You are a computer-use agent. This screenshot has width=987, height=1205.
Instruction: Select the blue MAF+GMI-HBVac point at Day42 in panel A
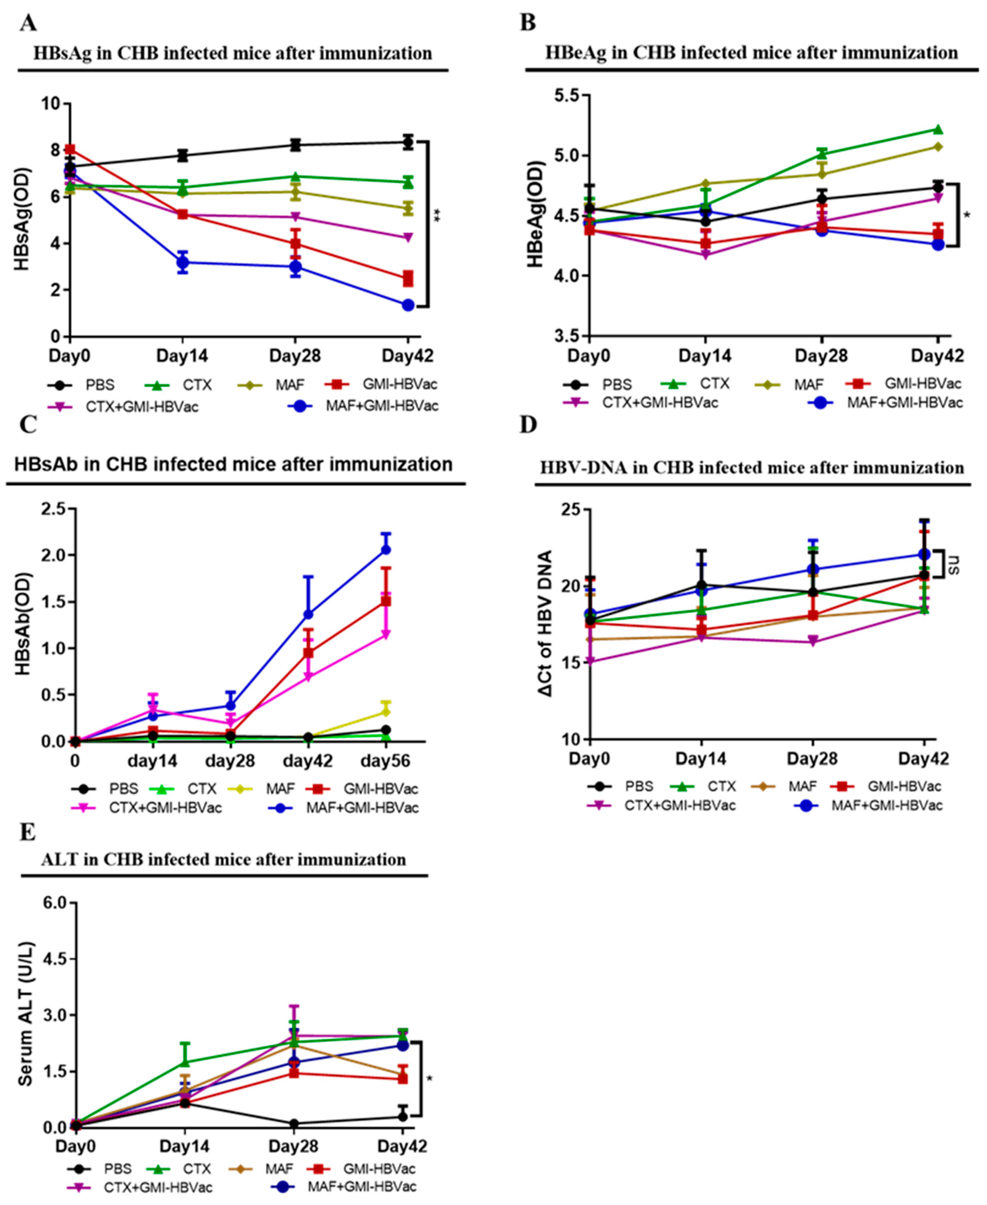pos(408,305)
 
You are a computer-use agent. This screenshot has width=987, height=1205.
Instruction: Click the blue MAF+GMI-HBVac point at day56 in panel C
pos(386,549)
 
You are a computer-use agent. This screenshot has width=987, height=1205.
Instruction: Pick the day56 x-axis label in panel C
pos(386,761)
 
